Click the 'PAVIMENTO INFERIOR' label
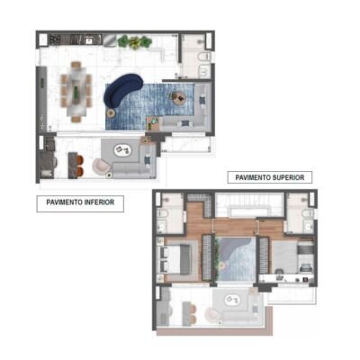pyautogui.click(x=80, y=203)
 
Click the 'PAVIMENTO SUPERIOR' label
pyautogui.click(x=269, y=177)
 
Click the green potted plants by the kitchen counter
pyautogui.click(x=135, y=41)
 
